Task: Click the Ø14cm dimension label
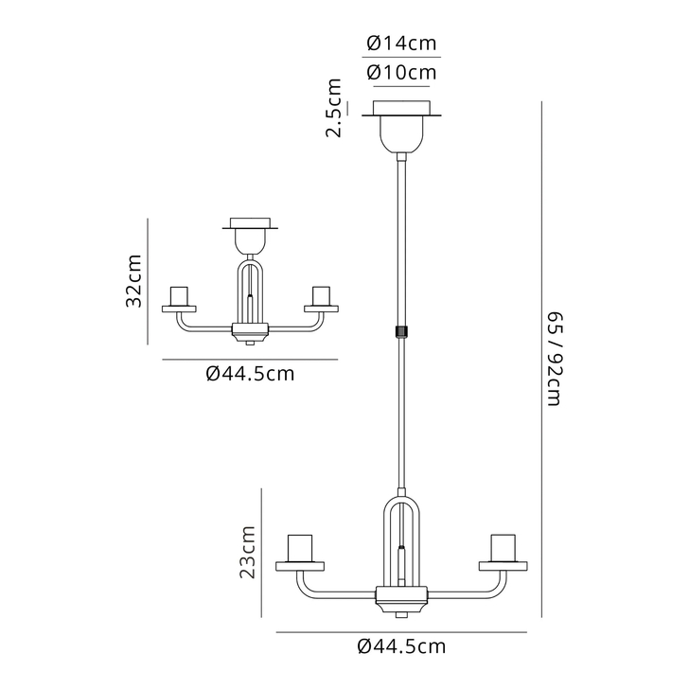click(401, 44)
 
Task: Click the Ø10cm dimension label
click(401, 72)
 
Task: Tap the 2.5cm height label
click(334, 108)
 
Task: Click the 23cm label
click(247, 553)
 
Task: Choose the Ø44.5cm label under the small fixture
click(250, 374)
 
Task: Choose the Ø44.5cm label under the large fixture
click(401, 646)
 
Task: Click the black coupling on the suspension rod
click(401, 330)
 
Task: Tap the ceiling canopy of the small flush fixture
click(250, 234)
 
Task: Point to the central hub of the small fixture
click(250, 332)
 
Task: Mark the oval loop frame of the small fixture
click(250, 289)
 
